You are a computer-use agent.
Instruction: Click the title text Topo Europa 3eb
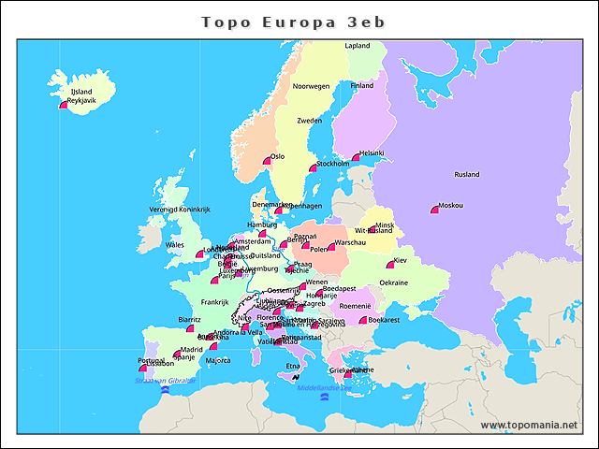tap(294, 21)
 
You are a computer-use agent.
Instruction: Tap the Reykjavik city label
tap(81, 100)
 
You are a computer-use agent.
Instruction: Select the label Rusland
tap(466, 175)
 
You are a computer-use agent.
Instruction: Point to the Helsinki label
tap(372, 153)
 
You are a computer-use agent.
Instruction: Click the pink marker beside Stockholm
tap(314, 168)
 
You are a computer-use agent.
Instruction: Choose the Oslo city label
tap(277, 157)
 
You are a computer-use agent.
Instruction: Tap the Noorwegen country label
tap(312, 86)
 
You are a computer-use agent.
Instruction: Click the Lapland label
tap(358, 45)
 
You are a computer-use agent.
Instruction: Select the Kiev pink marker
tap(390, 266)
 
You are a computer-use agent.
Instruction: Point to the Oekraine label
tap(393, 282)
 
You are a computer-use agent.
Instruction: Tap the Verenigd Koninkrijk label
tap(181, 210)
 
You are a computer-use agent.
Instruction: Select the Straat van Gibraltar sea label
tap(165, 381)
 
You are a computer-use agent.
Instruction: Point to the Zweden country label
tap(310, 121)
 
